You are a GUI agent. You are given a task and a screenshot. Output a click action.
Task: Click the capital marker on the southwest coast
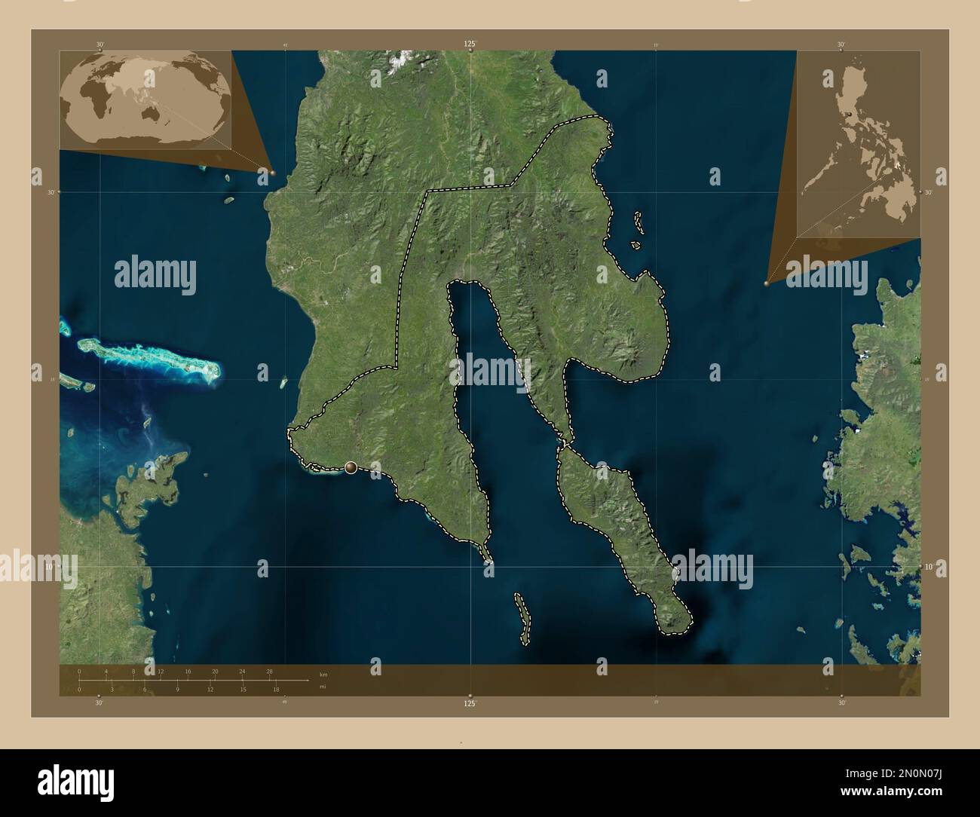(x=351, y=468)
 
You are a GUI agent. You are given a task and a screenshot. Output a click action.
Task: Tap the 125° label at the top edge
(x=470, y=44)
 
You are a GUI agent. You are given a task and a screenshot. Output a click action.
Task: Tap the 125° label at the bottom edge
(x=470, y=702)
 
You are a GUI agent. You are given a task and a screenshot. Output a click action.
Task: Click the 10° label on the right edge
(x=928, y=566)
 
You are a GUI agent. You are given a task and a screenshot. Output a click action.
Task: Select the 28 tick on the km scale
(x=269, y=671)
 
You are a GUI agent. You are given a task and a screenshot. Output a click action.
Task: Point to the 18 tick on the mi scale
(x=276, y=689)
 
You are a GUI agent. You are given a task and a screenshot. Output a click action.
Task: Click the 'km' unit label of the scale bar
(x=323, y=674)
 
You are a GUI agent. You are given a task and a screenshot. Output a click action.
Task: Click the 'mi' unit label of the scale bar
(x=323, y=687)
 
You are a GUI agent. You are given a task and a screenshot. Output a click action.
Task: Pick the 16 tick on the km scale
(x=188, y=671)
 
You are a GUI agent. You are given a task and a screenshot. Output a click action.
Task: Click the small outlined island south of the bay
(x=521, y=618)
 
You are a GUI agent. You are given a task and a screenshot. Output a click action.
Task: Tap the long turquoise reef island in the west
(x=151, y=357)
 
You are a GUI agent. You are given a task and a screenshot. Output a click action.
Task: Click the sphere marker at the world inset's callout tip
(x=273, y=173)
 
